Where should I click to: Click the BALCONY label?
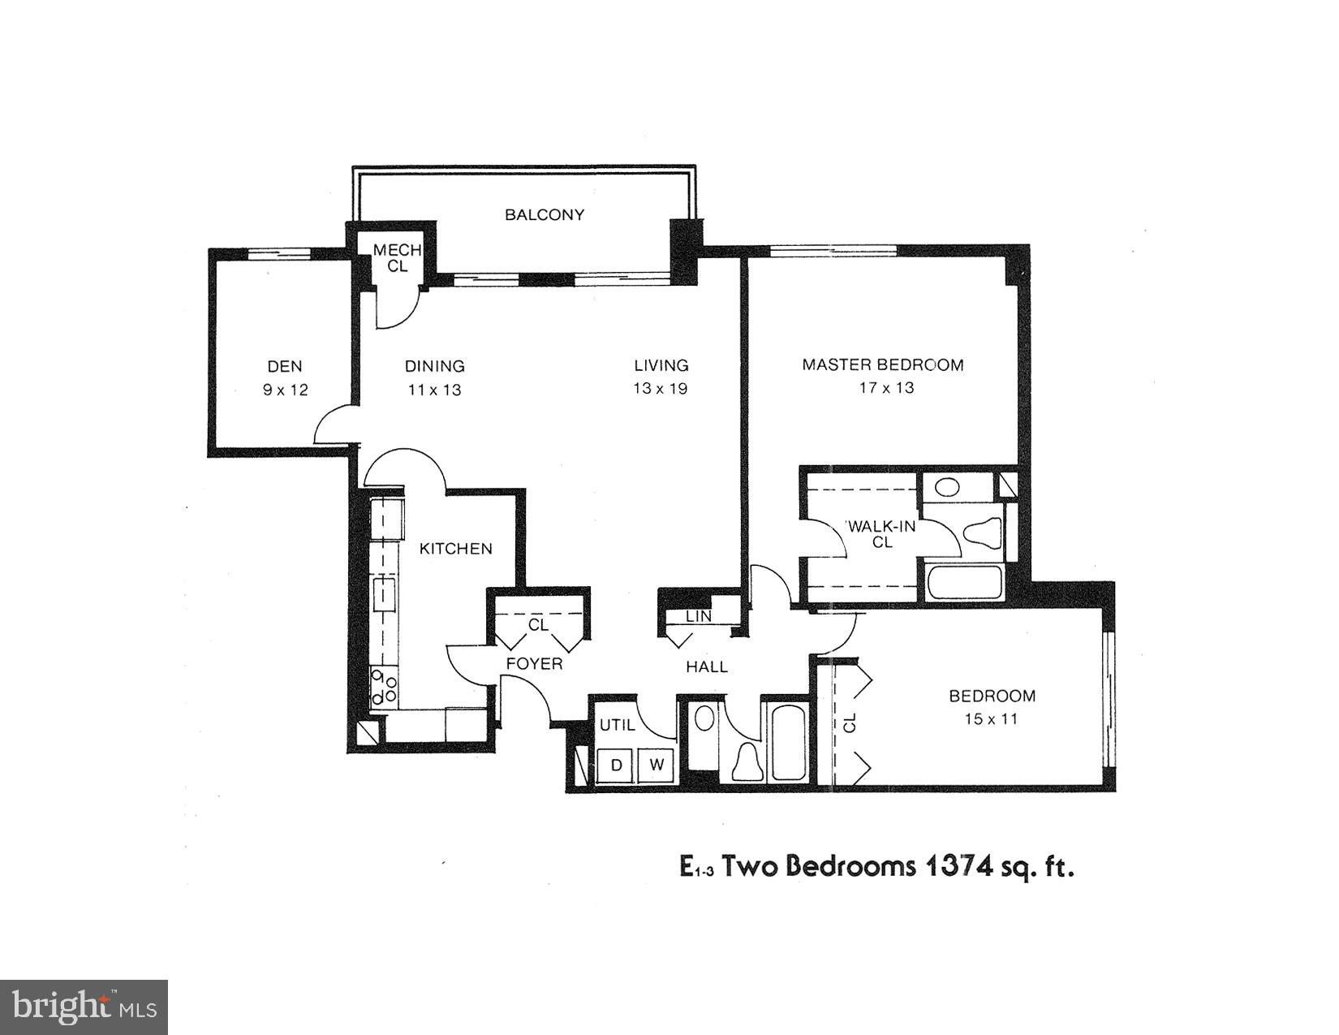[545, 215]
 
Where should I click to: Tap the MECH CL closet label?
[397, 258]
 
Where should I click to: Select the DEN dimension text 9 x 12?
[285, 390]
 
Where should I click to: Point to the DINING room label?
[435, 366]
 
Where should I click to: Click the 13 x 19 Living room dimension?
[661, 388]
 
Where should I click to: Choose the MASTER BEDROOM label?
[883, 364]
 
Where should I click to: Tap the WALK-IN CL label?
[882, 534]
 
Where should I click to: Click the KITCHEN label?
[455, 549]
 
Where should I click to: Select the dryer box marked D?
[617, 765]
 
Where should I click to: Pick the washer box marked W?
[658, 765]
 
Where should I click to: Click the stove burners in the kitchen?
[383, 687]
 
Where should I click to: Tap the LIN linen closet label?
[698, 616]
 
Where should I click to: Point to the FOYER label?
[534, 664]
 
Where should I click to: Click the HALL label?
[707, 667]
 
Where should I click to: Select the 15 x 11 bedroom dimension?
[991, 718]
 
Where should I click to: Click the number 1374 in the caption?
[956, 867]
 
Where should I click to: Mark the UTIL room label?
[617, 725]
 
